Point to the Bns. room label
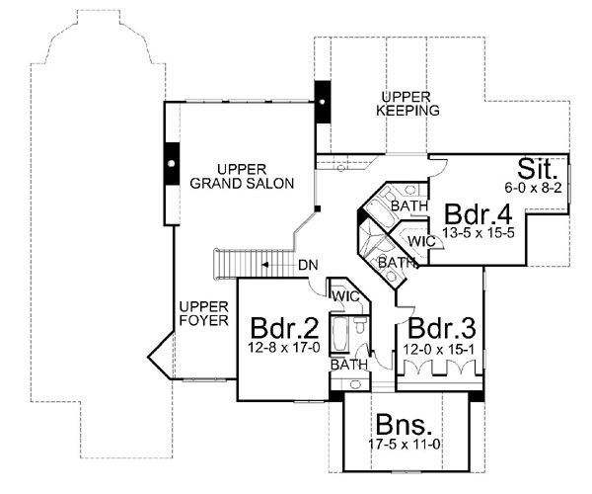[405, 428]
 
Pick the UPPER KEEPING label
[407, 103]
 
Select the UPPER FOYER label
[204, 313]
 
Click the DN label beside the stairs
[307, 265]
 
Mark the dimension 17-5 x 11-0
[405, 447]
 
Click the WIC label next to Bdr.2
[344, 295]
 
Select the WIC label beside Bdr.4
[421, 240]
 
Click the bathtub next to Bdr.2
[338, 333]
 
